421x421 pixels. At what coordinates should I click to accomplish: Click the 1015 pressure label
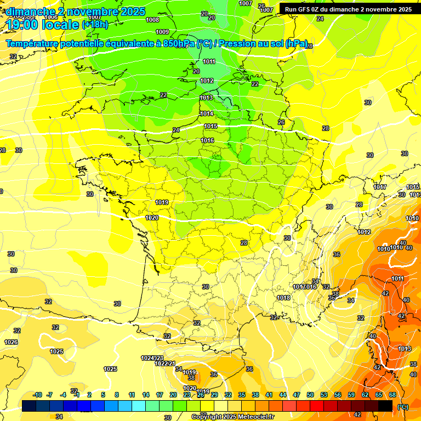click(210, 127)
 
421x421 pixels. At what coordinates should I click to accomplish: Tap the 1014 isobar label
click(207, 113)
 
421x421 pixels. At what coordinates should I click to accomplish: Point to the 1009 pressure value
click(162, 32)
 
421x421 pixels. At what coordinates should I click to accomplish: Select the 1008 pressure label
click(153, 20)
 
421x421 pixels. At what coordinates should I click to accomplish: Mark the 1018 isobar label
click(283, 298)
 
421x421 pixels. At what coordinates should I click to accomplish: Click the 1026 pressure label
click(11, 342)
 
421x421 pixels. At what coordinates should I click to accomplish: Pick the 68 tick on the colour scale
click(392, 395)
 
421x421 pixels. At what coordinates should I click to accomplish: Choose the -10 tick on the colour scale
click(38, 395)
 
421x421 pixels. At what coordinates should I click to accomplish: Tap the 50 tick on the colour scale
click(310, 395)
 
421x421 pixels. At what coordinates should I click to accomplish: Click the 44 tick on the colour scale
click(283, 395)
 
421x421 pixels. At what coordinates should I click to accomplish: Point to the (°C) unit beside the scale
click(402, 407)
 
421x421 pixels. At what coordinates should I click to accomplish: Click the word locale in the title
click(59, 25)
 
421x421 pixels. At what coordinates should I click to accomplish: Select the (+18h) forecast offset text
click(95, 25)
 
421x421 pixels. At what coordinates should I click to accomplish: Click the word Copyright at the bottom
click(207, 417)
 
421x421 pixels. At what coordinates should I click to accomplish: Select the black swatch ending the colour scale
click(385, 406)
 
